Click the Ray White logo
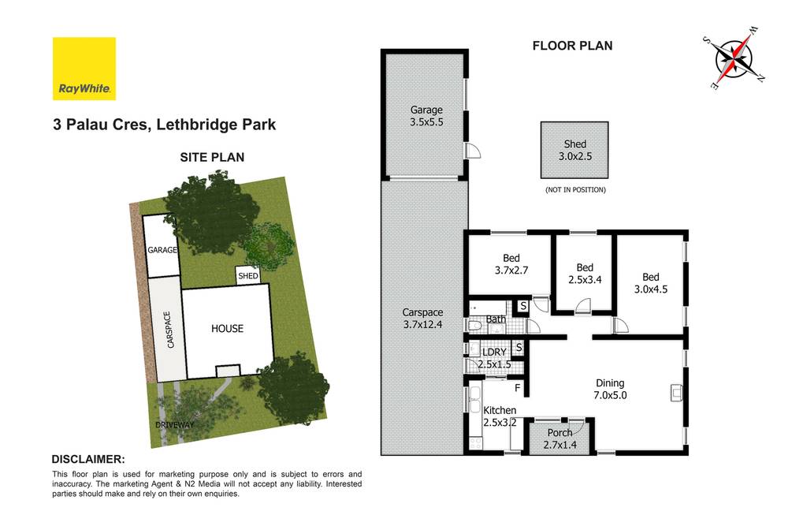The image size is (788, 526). click(84, 69)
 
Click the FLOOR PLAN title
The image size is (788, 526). click(572, 46)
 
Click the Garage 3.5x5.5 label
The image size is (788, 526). click(426, 117)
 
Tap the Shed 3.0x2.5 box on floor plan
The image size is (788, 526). click(574, 150)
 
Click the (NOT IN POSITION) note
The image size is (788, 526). click(574, 190)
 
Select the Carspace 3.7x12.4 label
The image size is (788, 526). click(424, 318)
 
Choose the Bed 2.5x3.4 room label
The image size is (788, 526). click(584, 273)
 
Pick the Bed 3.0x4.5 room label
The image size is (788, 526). click(650, 282)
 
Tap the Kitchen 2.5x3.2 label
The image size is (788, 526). click(500, 416)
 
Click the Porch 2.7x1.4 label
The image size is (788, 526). click(559, 439)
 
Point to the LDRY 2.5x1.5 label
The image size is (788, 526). click(494, 358)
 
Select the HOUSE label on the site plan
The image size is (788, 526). click(226, 329)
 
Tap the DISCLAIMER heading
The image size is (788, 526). click(87, 459)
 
